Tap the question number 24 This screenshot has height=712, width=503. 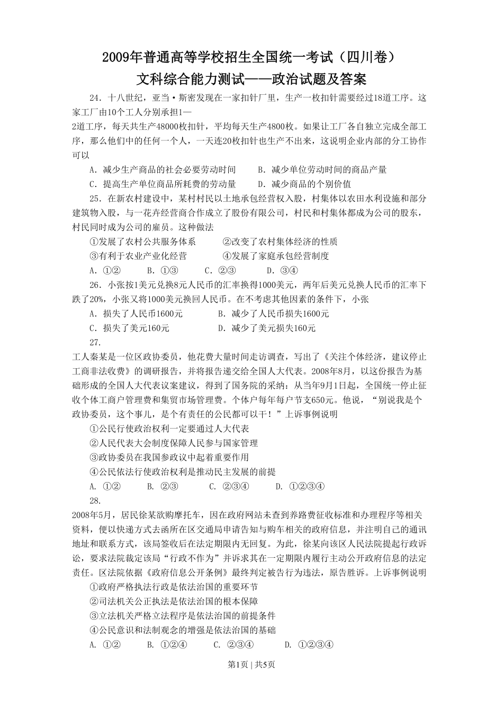tap(95, 98)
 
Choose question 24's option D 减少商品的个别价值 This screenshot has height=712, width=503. tap(304, 184)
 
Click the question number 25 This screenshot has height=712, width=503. tap(95, 199)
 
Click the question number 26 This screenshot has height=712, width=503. tap(95, 285)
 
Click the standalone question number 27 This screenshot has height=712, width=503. tap(95, 342)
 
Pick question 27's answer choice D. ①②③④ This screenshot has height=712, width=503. tap(300, 486)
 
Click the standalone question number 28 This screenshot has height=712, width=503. tap(95, 501)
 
